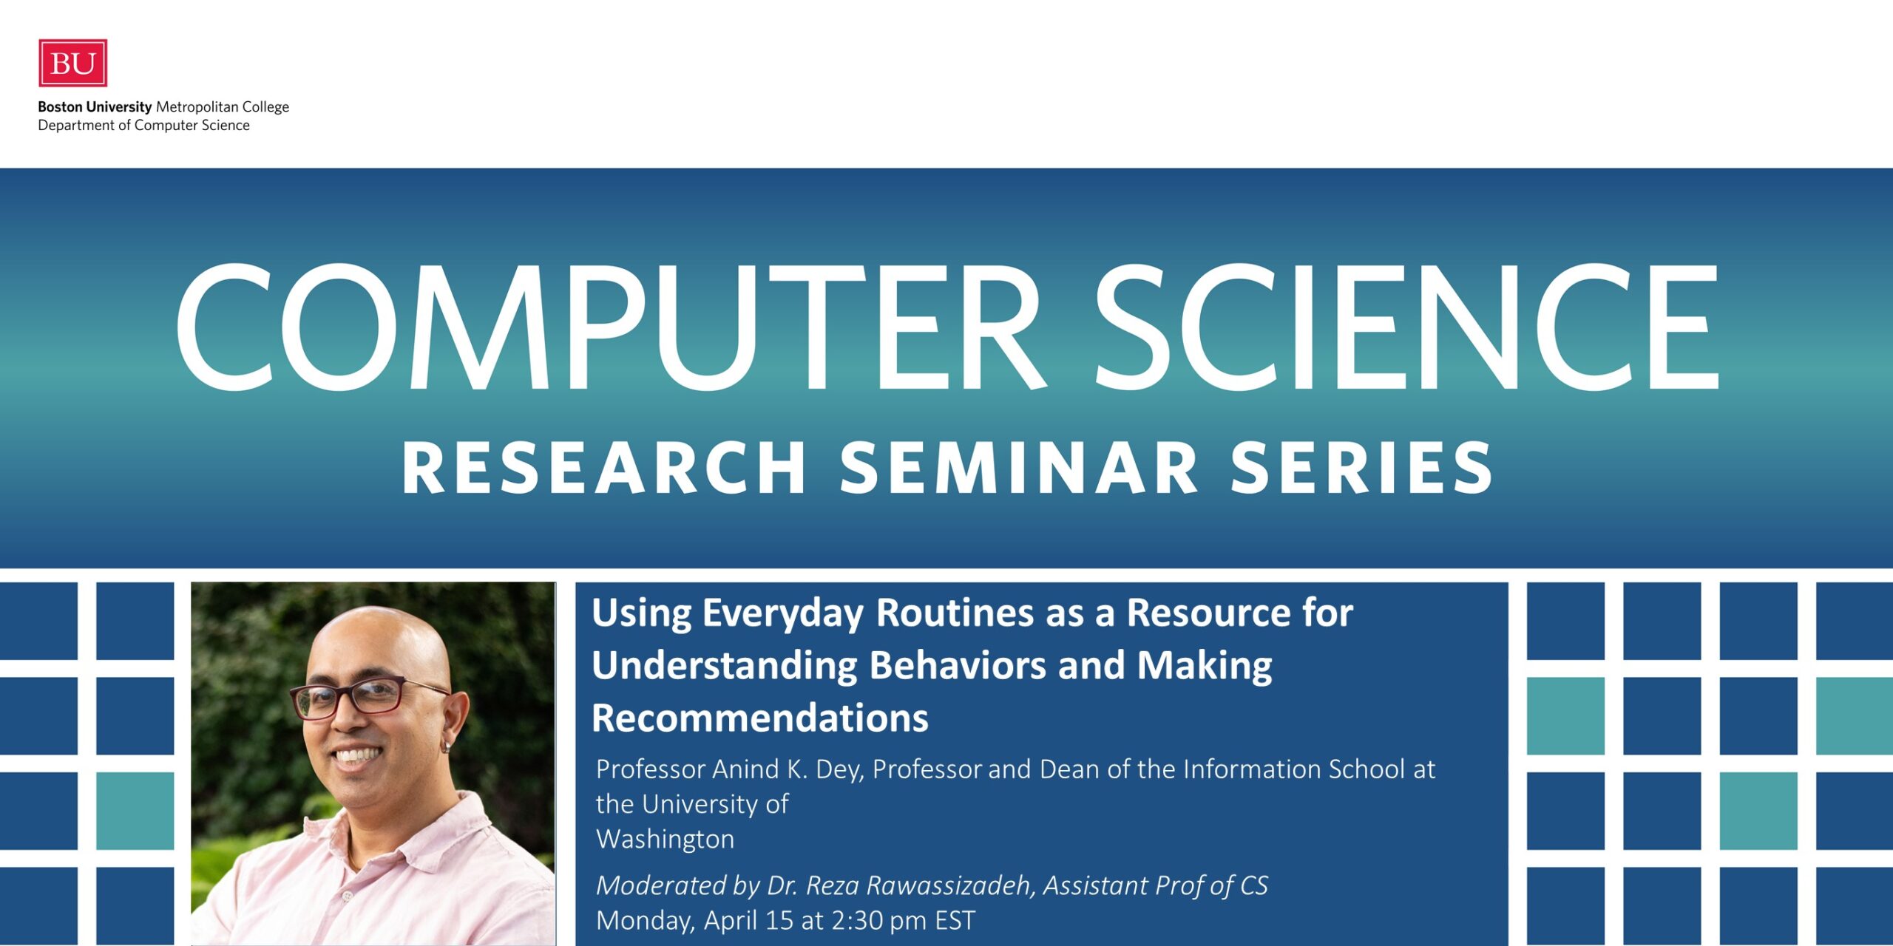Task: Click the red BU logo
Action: point(72,63)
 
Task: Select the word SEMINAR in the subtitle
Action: point(1019,467)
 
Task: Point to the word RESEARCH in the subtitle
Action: point(603,467)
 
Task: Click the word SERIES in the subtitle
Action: point(1361,467)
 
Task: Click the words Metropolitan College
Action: point(223,107)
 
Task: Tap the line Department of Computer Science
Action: point(144,126)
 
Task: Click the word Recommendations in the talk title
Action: point(760,718)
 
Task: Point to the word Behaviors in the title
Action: point(958,665)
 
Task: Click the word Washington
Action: point(666,840)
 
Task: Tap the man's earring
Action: point(446,746)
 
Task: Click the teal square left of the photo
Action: point(135,811)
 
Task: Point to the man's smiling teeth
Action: point(358,755)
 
